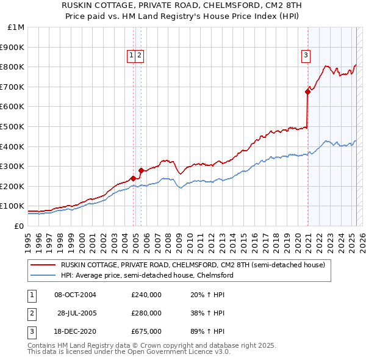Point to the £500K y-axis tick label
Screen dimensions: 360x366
pyautogui.click(x=14, y=126)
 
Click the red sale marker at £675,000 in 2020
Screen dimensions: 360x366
pyautogui.click(x=308, y=92)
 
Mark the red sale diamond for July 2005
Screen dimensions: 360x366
pyautogui.click(x=141, y=170)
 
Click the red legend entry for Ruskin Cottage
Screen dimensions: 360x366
pyautogui.click(x=193, y=265)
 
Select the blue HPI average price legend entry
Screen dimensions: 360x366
pyautogui.click(x=146, y=275)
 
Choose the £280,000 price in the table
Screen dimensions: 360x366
pyautogui.click(x=146, y=313)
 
